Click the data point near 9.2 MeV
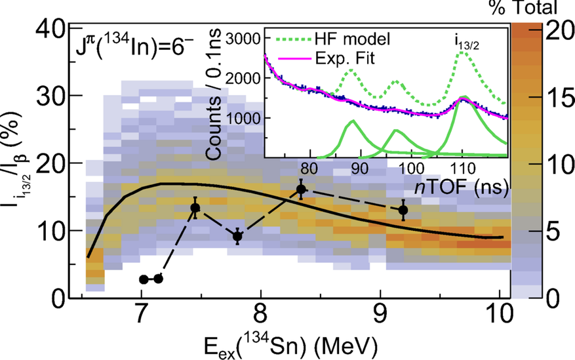coord(403,210)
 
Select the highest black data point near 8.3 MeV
coord(301,190)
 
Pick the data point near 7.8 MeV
coord(238,236)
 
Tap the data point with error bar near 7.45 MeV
coord(195,208)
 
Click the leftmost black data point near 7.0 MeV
coord(144,279)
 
